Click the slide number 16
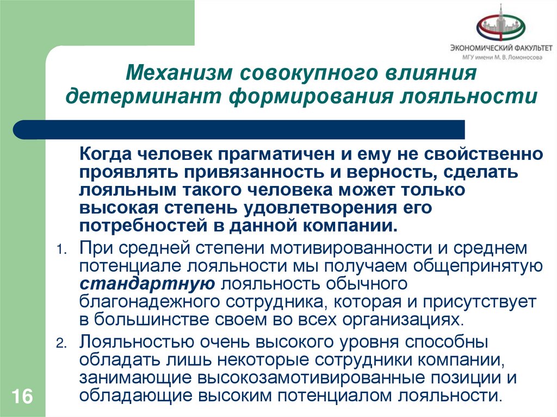click(21, 396)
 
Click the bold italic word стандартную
click(148, 283)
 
